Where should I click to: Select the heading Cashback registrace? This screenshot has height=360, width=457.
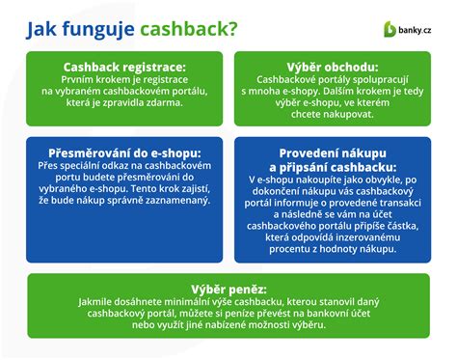click(x=121, y=68)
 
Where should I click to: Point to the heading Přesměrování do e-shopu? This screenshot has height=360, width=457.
click(x=121, y=154)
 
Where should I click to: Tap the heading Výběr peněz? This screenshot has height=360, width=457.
click(x=228, y=287)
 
